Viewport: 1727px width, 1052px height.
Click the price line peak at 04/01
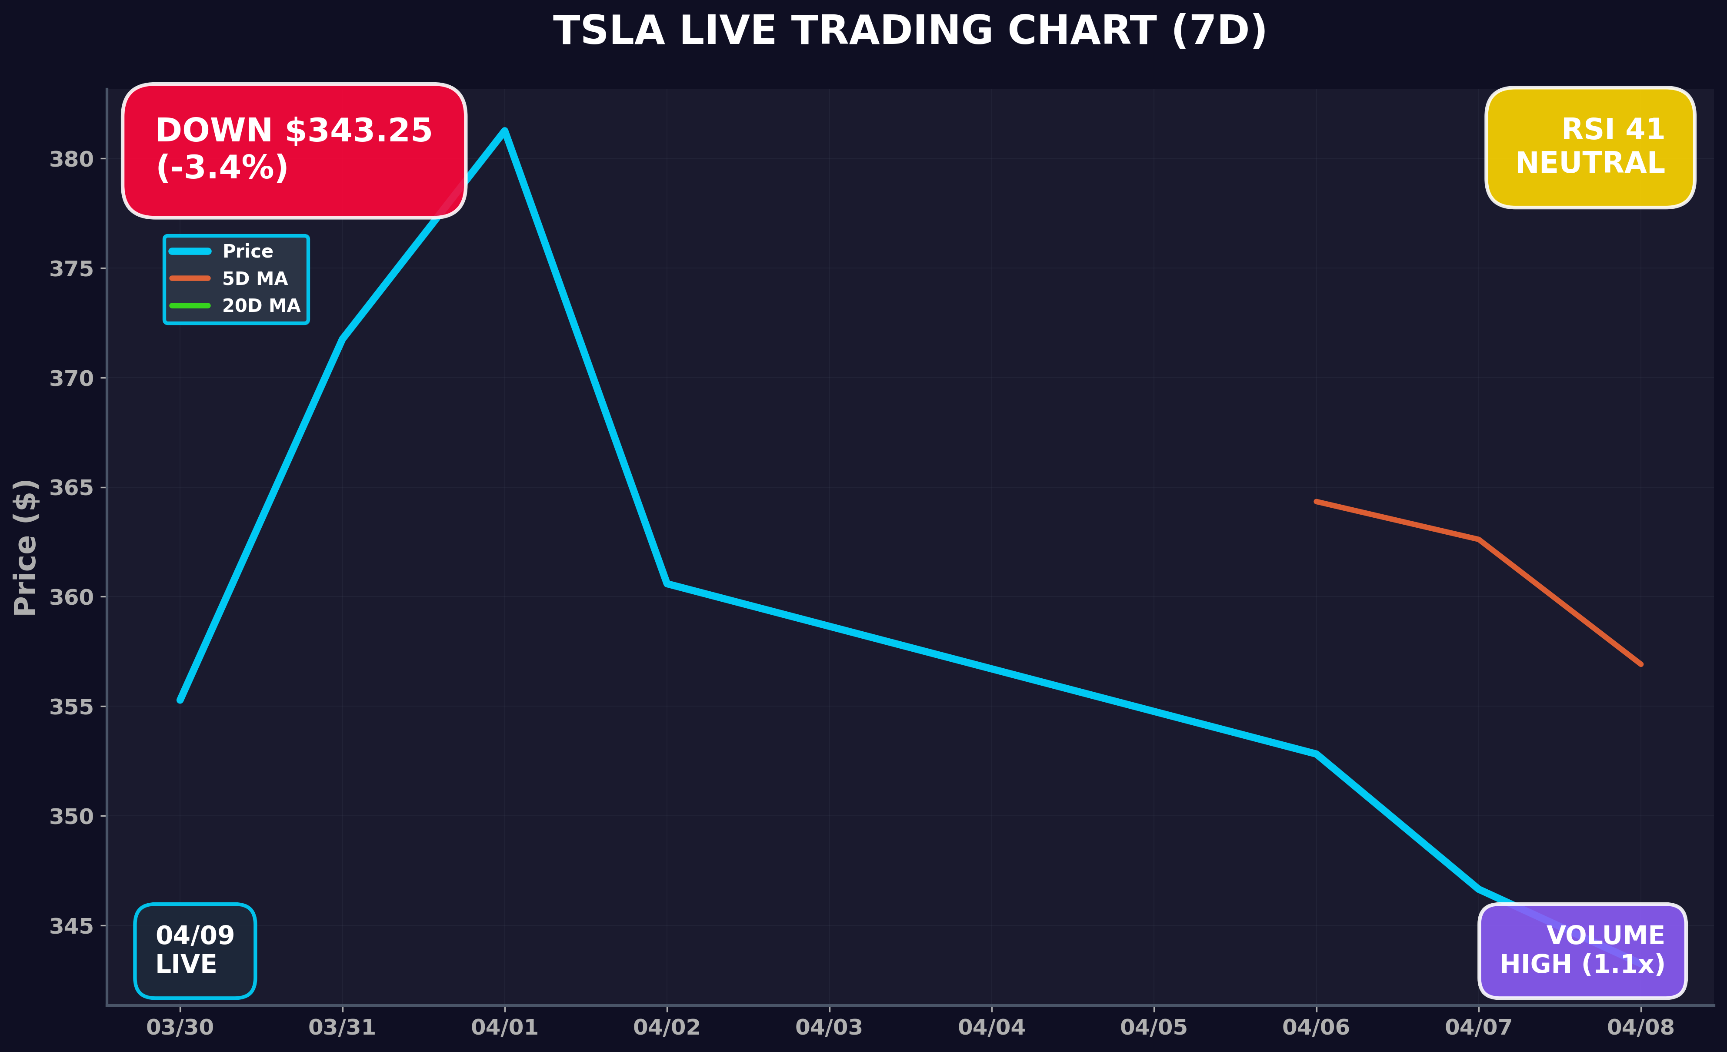(505, 131)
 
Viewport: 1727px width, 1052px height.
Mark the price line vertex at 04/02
(667, 583)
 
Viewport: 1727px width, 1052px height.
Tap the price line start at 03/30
(180, 700)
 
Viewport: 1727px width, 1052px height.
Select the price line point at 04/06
(1316, 754)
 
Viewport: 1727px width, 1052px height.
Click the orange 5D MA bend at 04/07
(1478, 539)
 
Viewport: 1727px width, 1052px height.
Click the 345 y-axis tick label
(71, 926)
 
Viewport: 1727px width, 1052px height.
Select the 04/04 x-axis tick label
(991, 1028)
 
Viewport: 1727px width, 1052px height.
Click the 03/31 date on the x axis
(342, 1028)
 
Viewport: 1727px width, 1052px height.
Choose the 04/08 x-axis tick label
(1640, 1028)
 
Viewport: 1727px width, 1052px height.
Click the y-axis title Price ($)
(25, 547)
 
